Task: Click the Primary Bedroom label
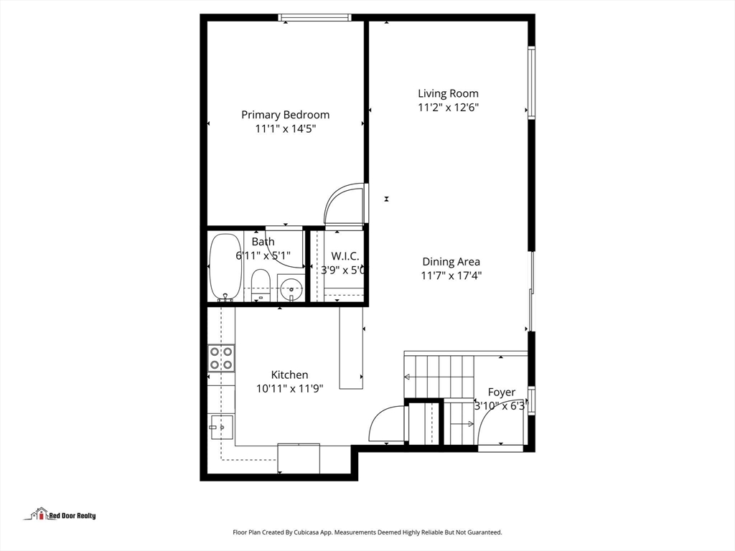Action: coord(285,115)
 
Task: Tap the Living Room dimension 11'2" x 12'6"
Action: coord(449,108)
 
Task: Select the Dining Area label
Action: coord(451,262)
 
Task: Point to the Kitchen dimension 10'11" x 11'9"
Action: coord(290,388)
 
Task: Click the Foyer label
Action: coord(502,392)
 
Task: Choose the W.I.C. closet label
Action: coord(345,256)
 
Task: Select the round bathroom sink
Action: coord(291,291)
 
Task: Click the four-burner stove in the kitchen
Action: coord(221,358)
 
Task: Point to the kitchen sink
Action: coord(221,427)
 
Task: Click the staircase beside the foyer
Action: coord(439,376)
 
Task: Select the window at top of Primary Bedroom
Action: coord(315,18)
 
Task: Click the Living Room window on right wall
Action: coord(531,83)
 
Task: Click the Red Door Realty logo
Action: coord(63,514)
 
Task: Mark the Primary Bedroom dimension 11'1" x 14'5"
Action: coord(285,129)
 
